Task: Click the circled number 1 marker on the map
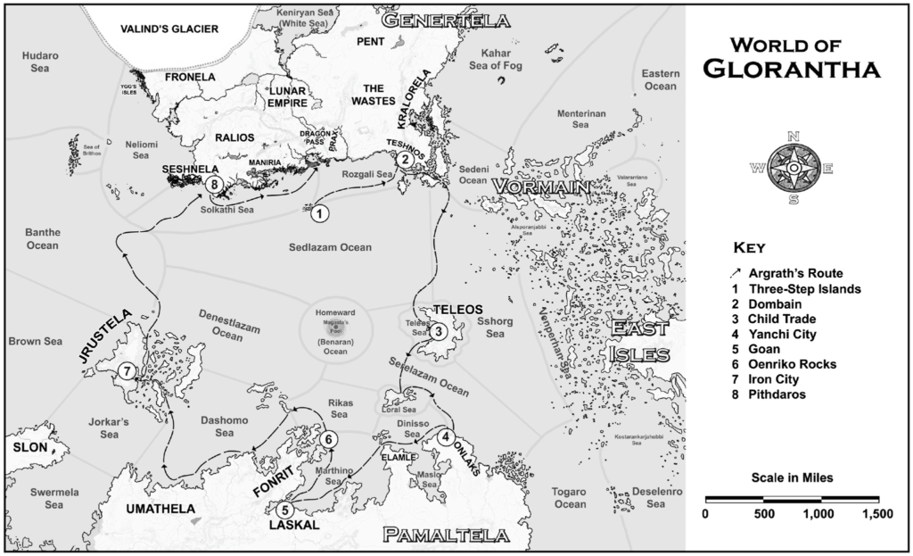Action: tap(318, 212)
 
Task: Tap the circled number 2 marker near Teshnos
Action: tap(404, 160)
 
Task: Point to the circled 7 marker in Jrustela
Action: tap(128, 371)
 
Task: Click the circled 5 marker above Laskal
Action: tap(284, 510)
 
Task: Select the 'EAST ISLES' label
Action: tap(639, 343)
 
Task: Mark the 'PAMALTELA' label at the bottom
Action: tap(446, 535)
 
